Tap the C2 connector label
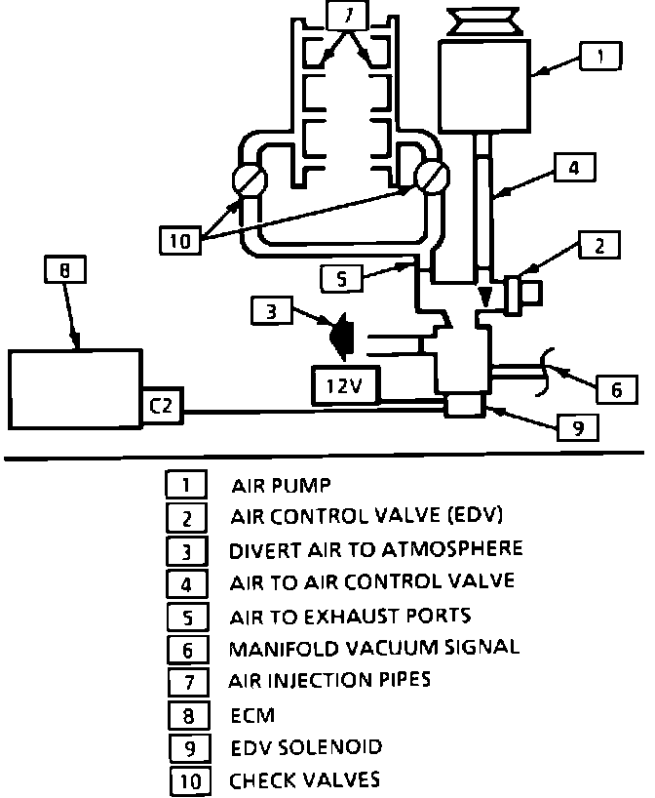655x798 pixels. point(163,407)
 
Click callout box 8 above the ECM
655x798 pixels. point(65,269)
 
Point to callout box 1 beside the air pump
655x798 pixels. point(600,57)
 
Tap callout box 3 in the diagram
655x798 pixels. point(272,311)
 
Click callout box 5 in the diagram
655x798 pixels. point(340,279)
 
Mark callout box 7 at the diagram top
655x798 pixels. point(348,14)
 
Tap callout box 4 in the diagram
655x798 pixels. point(575,168)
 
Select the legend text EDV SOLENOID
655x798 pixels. point(305,747)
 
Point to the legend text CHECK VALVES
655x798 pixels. point(303,779)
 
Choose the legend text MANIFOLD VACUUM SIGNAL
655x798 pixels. point(373,648)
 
